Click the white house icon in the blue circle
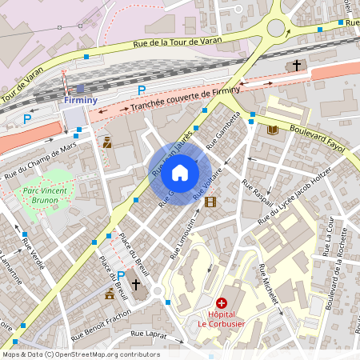click(180, 172)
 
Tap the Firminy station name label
click(79, 101)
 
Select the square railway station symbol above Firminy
click(79, 89)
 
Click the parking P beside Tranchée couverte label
click(142, 90)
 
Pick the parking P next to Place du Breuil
click(121, 275)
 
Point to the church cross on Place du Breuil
click(136, 285)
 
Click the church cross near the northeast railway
click(297, 66)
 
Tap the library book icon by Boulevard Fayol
click(272, 130)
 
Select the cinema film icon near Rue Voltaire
click(210, 202)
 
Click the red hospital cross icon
click(222, 303)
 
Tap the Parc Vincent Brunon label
click(43, 196)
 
